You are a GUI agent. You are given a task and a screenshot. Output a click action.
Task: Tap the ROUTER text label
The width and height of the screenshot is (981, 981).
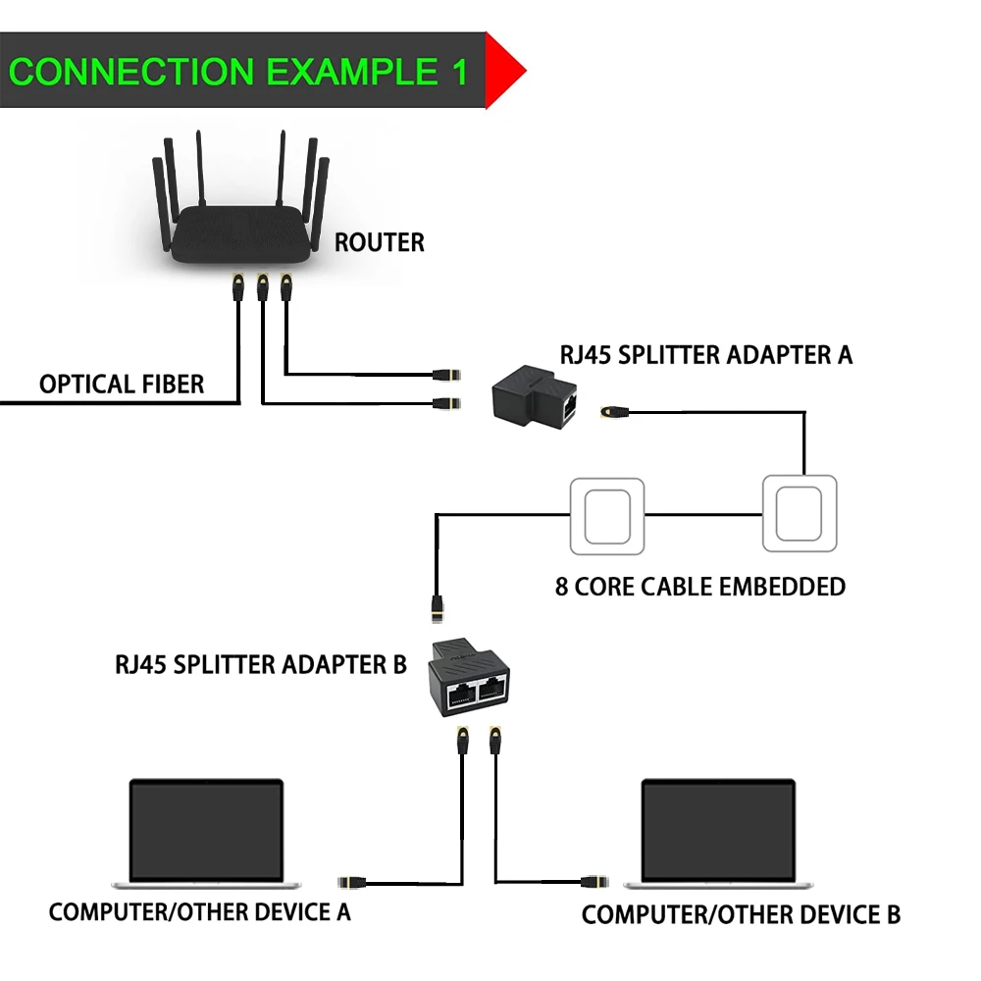tap(380, 242)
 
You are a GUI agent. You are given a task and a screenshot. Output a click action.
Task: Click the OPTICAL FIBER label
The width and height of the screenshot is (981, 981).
tap(122, 384)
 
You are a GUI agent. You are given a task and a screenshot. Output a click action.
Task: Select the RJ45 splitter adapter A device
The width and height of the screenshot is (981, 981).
tap(536, 395)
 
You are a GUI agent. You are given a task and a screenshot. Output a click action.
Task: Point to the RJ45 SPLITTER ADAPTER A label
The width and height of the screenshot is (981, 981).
tap(705, 354)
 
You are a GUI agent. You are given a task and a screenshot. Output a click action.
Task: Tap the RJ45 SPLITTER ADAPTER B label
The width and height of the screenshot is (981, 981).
tap(261, 664)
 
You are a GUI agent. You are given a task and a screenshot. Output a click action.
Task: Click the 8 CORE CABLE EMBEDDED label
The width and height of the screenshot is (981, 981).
tap(699, 587)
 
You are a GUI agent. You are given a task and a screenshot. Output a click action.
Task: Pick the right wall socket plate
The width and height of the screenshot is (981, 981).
tap(800, 513)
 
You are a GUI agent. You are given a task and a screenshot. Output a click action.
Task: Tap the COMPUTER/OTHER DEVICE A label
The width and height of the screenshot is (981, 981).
tap(199, 912)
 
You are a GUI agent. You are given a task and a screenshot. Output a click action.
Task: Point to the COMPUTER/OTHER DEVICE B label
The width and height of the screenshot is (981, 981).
tap(741, 915)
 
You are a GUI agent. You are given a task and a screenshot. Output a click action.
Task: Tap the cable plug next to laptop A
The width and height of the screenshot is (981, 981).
tap(353, 881)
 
